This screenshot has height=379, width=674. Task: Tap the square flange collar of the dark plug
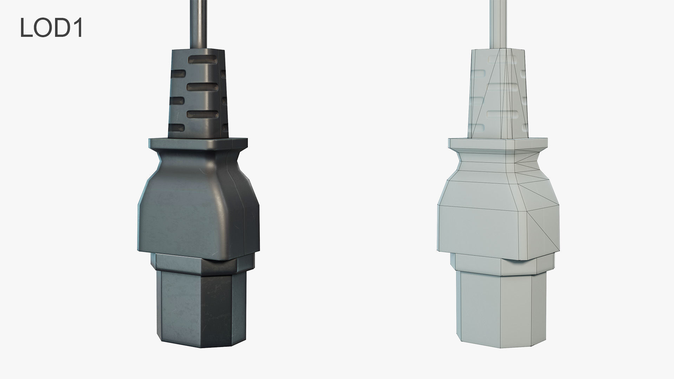click(198, 144)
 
